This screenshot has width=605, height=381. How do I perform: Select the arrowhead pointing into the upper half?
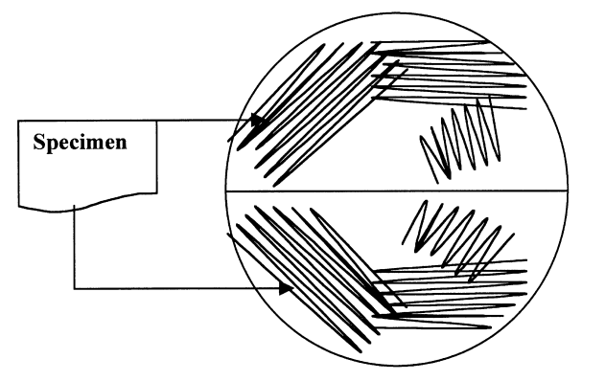coord(257,121)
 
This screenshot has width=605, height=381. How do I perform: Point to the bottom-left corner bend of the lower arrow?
coord(74,287)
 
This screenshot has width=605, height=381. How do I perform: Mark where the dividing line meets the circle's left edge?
coord(225,190)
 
